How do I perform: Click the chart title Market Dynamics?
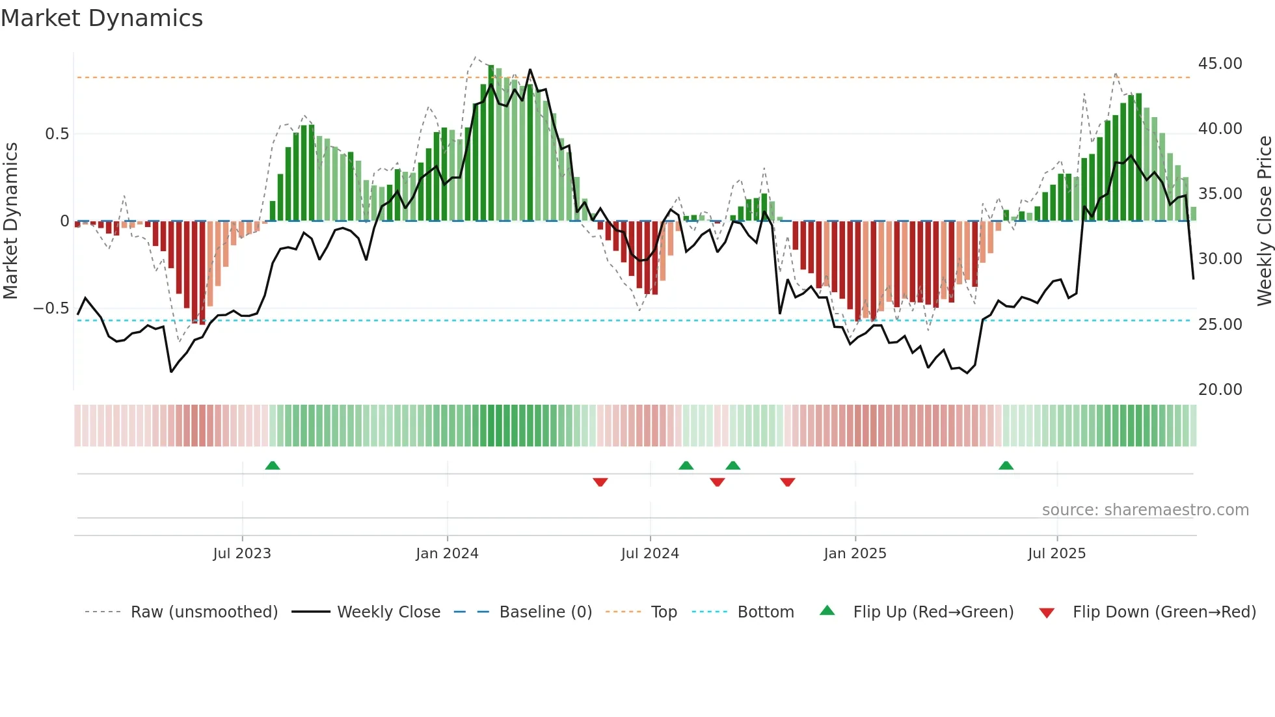[x=102, y=18]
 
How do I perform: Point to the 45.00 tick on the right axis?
[x=1220, y=64]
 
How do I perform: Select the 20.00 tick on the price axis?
[x=1220, y=389]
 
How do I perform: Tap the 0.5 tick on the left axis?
[x=57, y=134]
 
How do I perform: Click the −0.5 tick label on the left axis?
[x=51, y=308]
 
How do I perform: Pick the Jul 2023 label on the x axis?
[x=242, y=554]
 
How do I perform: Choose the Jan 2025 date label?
[x=855, y=554]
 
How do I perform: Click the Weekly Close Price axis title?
[x=1264, y=221]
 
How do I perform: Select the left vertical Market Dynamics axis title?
[x=10, y=221]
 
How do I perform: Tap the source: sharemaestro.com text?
[x=1145, y=510]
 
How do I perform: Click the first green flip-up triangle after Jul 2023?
[x=273, y=466]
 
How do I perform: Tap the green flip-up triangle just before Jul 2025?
[x=1006, y=466]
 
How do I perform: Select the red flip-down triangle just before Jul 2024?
[x=600, y=482]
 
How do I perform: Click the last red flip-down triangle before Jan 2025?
[x=787, y=482]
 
